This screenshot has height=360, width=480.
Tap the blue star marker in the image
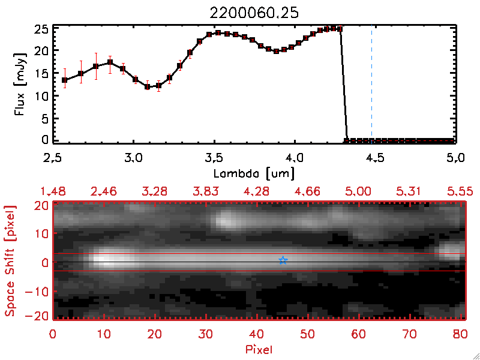pos(283,260)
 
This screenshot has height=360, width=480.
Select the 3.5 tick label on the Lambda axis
pos(214,159)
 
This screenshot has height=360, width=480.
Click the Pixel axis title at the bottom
pos(259,348)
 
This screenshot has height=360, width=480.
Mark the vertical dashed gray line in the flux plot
pos(372,84)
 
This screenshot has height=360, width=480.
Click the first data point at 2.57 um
pos(65,80)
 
